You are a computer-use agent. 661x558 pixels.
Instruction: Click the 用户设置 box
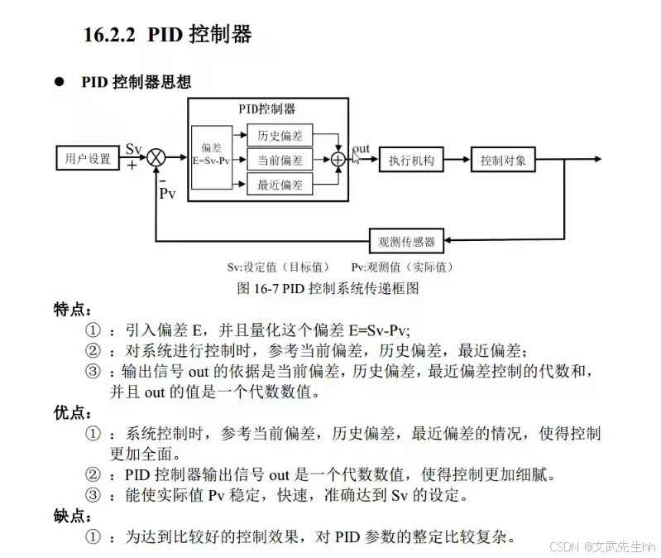point(88,158)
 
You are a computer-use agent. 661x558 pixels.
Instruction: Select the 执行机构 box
point(411,160)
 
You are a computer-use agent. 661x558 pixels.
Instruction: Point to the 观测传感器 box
point(406,241)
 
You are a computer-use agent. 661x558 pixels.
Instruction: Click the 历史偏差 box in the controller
point(280,136)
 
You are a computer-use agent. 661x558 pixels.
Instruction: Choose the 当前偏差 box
point(280,160)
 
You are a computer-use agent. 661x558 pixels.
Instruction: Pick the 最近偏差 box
point(280,184)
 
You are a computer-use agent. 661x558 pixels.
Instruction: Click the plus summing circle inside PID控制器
point(338,160)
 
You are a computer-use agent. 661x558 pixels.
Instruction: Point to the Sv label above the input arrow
point(134,148)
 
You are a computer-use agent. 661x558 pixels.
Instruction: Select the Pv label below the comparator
point(168,194)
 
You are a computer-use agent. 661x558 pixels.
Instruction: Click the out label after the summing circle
point(362,149)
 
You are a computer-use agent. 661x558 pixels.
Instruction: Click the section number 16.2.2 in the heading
point(110,35)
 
